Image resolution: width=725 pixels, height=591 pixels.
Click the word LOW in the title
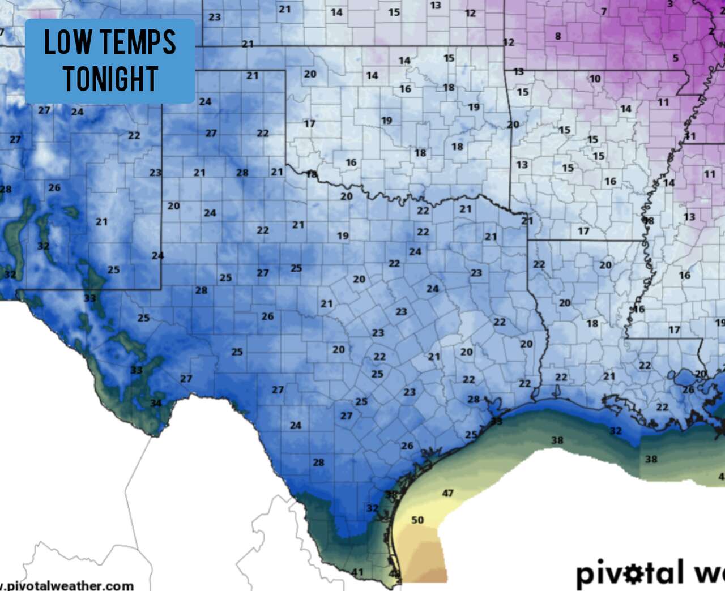click(x=68, y=42)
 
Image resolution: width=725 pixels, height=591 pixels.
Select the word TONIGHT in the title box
click(x=110, y=79)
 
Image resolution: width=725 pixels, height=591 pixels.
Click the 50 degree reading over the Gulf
click(x=417, y=520)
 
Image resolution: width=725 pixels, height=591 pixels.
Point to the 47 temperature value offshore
click(x=447, y=493)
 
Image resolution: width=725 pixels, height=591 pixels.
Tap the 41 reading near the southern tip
click(x=357, y=572)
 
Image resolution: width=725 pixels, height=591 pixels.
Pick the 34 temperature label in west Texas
click(x=156, y=403)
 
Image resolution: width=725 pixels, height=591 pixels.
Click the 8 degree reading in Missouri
click(x=558, y=36)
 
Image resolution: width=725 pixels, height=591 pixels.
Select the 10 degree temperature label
click(x=595, y=79)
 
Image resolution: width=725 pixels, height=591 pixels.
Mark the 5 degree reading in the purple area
click(x=675, y=58)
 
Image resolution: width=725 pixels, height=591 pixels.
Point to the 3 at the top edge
click(x=670, y=4)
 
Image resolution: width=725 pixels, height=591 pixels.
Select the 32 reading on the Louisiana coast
click(x=616, y=431)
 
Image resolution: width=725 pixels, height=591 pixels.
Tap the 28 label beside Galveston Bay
click(x=474, y=399)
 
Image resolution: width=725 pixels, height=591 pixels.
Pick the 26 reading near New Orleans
click(x=688, y=389)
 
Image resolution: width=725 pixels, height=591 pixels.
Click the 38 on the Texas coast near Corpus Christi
click(x=391, y=494)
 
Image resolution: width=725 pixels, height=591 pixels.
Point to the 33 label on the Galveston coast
click(x=497, y=421)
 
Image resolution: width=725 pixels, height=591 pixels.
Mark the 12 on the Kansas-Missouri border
click(x=509, y=42)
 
